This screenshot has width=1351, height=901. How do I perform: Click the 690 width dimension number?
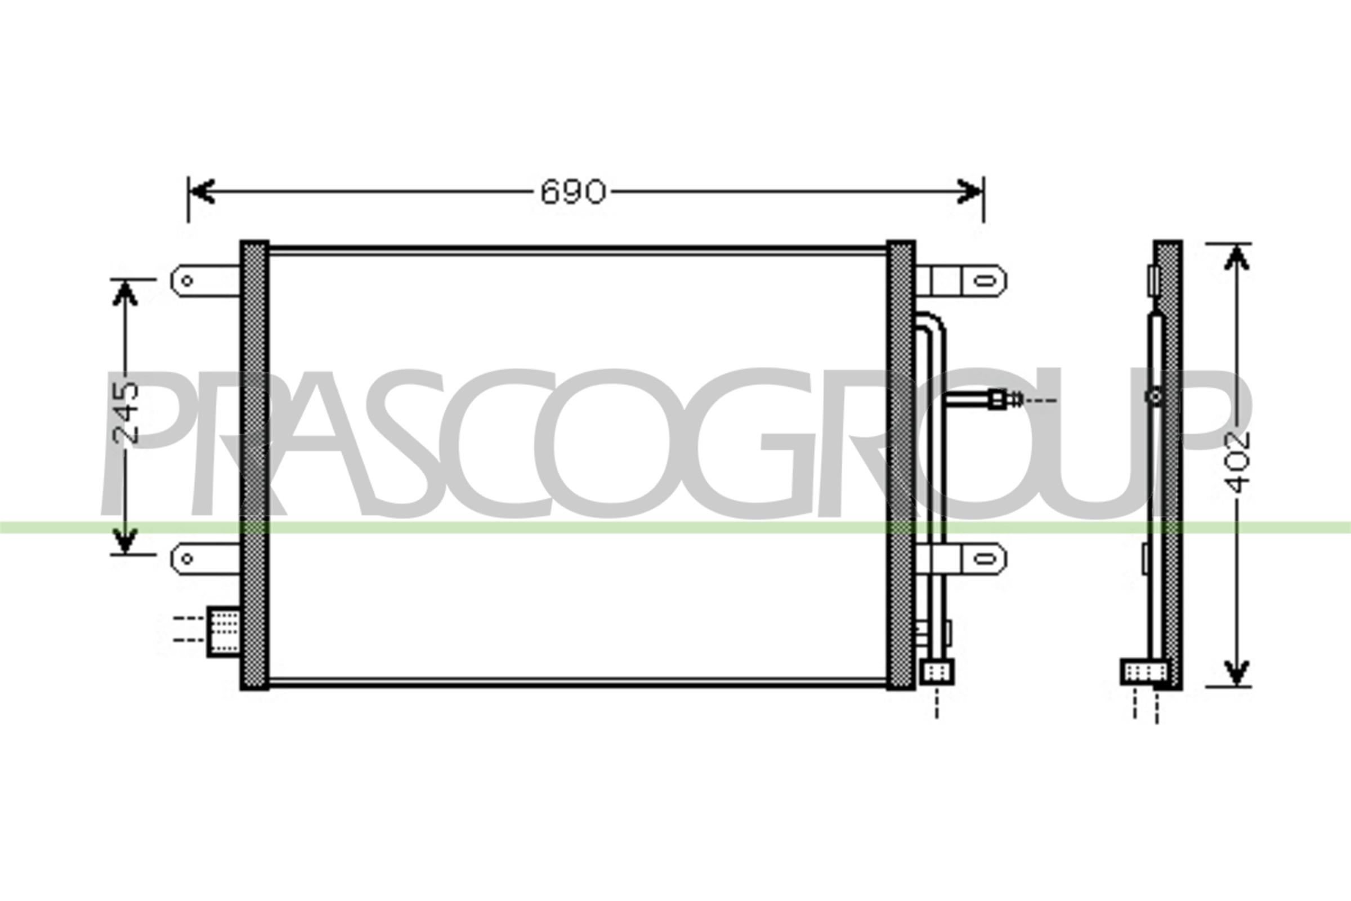point(572,192)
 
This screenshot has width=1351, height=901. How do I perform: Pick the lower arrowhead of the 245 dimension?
point(124,541)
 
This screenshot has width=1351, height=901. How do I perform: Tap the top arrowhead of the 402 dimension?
point(1237,257)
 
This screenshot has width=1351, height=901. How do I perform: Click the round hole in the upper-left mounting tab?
point(187,281)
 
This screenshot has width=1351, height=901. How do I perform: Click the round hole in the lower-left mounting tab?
point(187,558)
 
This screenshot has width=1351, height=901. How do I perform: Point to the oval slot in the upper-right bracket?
point(986,281)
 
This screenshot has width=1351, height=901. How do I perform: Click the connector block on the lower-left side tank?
point(224,631)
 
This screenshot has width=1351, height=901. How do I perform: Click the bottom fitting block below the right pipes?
point(937,672)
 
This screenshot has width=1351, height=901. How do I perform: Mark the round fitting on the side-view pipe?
point(1156,396)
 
